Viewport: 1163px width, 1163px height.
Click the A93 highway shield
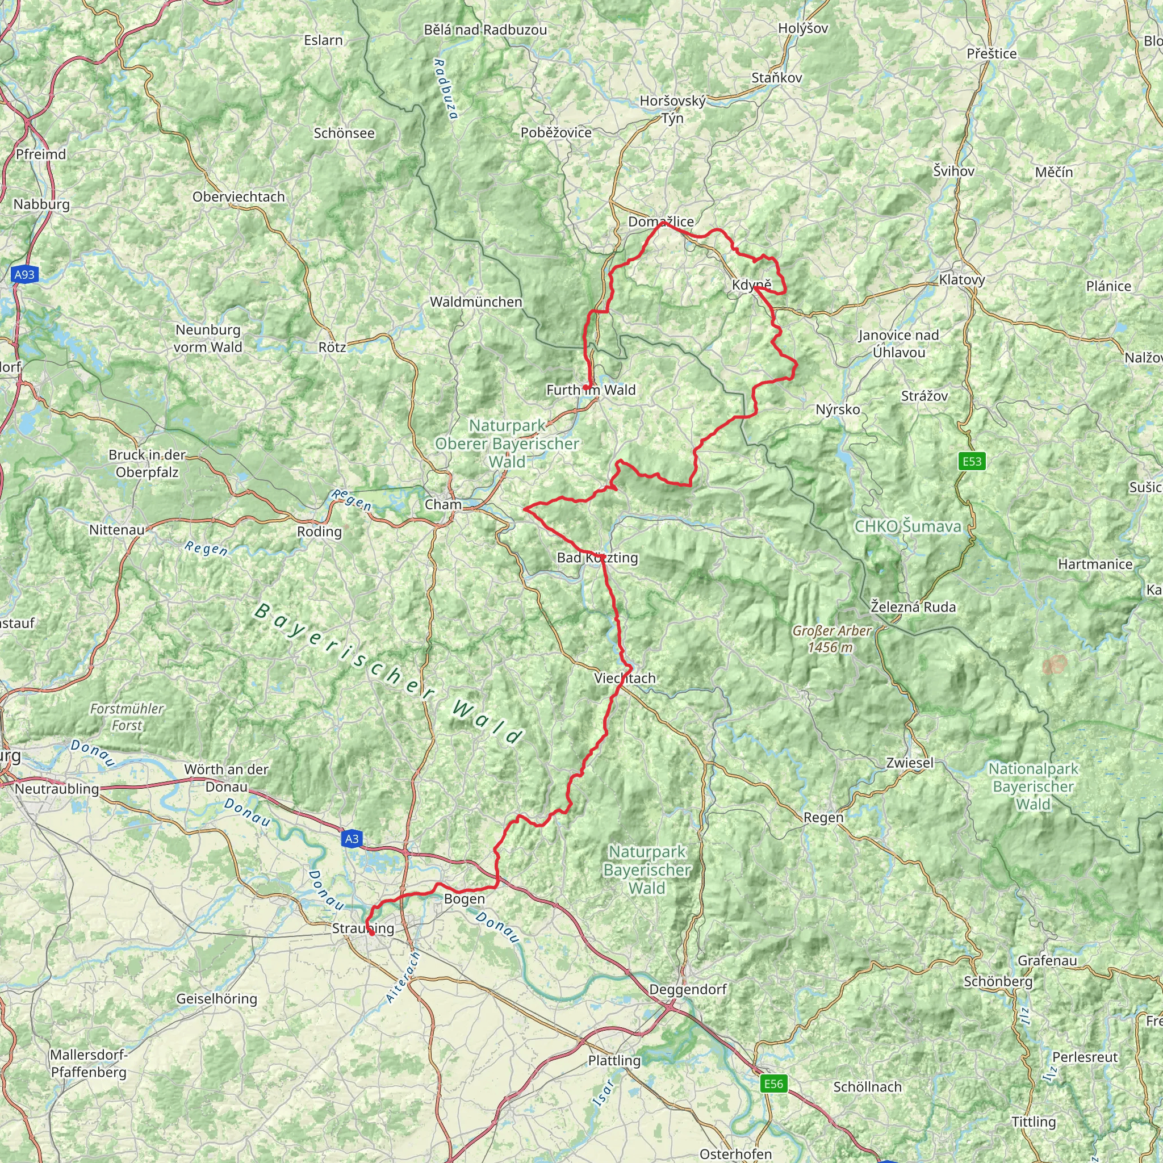pos(24,275)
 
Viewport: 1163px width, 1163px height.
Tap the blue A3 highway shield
pos(352,839)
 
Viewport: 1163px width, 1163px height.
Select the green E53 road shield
pos(972,462)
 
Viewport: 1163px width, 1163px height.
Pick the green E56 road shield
pos(773,1084)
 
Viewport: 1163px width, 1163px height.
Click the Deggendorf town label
pos(688,989)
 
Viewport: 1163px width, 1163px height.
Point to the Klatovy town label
pos(962,280)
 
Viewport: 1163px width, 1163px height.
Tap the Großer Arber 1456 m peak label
pos(831,639)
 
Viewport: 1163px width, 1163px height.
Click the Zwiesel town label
pos(910,763)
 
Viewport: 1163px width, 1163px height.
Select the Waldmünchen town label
pos(475,302)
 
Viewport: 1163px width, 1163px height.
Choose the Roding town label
pos(319,532)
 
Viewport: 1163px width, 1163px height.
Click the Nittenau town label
pos(117,530)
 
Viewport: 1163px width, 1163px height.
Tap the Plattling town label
pos(614,1060)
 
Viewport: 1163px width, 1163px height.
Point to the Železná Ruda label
pos(913,607)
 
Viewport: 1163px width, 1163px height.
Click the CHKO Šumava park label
pos(908,527)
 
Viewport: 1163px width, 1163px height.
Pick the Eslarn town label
pos(323,40)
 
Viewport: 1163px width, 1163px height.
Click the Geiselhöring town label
pos(217,999)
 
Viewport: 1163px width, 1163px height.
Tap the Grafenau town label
pos(1047,960)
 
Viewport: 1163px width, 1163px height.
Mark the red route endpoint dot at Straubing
pos(372,934)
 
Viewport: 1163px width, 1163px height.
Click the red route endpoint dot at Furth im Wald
pos(585,388)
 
